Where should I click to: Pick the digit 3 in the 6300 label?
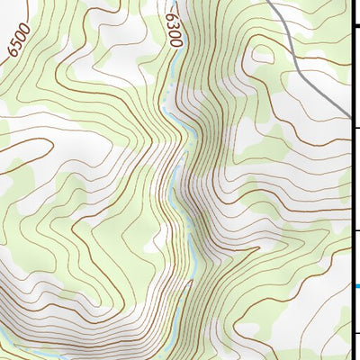[x=172, y=23]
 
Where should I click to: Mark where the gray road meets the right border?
[x=349, y=114]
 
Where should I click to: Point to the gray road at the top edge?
[x=273, y=2]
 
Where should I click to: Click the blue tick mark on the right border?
[x=355, y=287]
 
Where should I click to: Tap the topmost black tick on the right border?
[x=355, y=26]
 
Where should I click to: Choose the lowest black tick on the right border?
[x=355, y=334]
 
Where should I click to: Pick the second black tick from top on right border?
[x=355, y=128]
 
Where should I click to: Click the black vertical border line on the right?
[x=352, y=180]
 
